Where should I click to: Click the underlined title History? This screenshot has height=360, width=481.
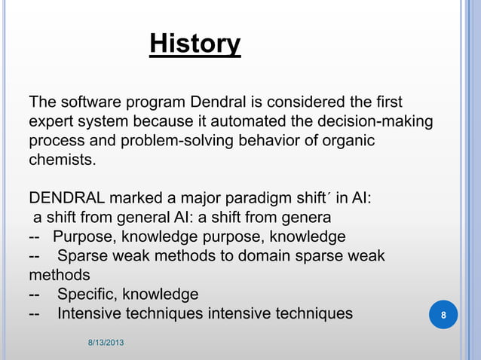(x=195, y=44)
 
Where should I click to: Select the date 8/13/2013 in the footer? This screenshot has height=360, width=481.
(x=105, y=343)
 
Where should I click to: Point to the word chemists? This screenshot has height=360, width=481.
(x=63, y=160)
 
